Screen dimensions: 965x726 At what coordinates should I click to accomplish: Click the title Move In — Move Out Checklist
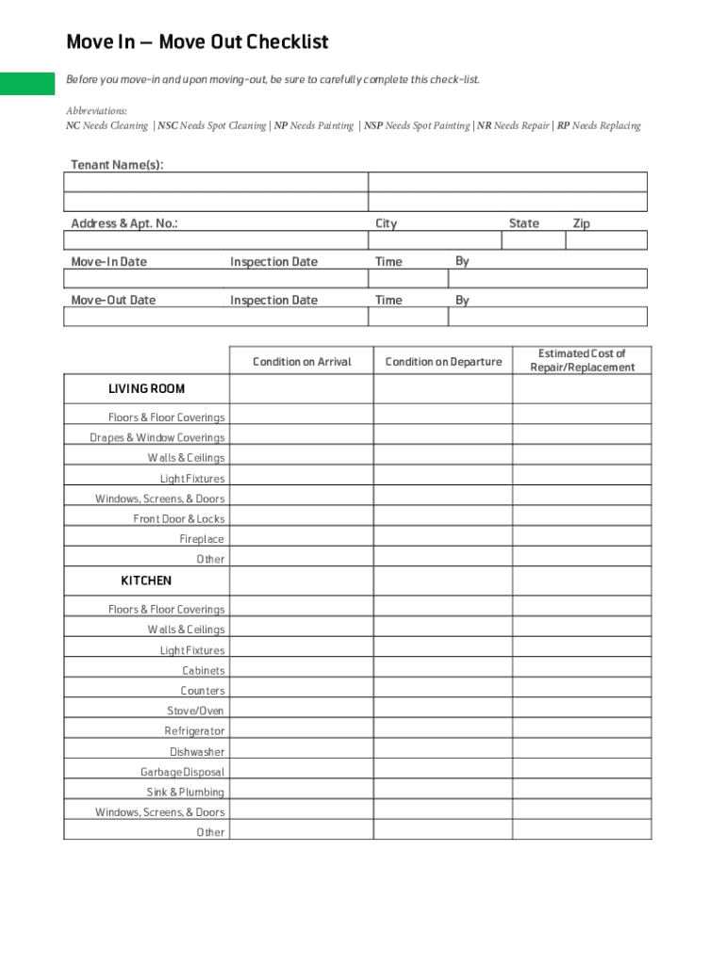coord(197,42)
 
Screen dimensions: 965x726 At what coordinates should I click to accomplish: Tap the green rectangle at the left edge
coord(27,83)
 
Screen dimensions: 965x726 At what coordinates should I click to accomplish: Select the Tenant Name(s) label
coord(117,166)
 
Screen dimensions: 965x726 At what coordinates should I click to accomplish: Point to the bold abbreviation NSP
coord(373,126)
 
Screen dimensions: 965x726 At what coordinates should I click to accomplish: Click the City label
coord(386,223)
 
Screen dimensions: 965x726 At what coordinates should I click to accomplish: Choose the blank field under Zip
coord(606,240)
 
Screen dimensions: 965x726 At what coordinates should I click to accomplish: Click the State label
coord(523,223)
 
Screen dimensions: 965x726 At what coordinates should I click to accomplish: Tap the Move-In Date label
coord(108,262)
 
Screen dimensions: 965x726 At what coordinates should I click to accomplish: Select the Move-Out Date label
coord(113,301)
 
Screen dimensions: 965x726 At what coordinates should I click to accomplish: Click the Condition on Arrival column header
coord(302,362)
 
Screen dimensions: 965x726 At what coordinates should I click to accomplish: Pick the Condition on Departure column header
coord(443,362)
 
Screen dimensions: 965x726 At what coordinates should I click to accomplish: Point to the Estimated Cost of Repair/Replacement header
coord(582,361)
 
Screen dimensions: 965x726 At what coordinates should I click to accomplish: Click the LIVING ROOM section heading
coord(146,389)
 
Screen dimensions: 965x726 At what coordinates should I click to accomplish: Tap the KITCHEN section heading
coord(146,581)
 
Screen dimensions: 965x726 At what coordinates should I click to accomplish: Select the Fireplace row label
coord(202,539)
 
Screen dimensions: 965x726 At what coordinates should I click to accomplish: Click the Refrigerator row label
coord(194,731)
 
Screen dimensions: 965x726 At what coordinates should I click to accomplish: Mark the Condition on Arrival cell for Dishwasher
coord(301,752)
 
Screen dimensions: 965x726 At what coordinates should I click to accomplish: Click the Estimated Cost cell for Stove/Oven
coord(582,711)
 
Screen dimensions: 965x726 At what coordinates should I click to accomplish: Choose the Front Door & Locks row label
coord(179,519)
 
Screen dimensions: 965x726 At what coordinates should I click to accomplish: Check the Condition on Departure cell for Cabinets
coord(442,671)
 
